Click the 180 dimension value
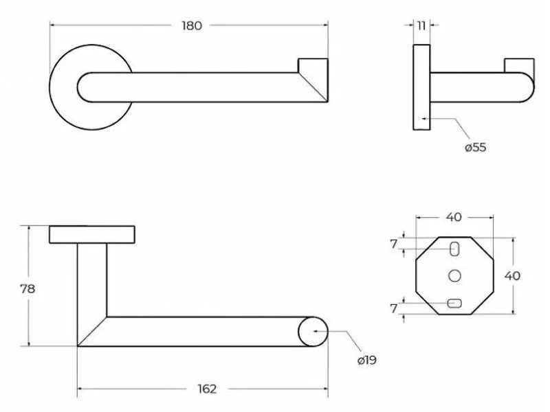(192, 25)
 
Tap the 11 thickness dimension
(421, 25)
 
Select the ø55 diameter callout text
(475, 147)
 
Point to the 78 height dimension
(27, 288)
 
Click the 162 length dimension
(207, 389)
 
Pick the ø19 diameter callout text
(367, 360)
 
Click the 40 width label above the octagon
(454, 217)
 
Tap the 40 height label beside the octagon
(512, 276)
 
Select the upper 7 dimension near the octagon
(394, 244)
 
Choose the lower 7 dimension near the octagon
(394, 308)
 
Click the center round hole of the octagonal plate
(454, 276)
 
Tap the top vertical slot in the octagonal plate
(454, 249)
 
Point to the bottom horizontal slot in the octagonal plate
(454, 304)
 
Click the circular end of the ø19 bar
(313, 332)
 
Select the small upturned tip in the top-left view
(313, 65)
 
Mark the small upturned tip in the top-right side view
(519, 65)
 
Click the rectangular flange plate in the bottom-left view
(92, 234)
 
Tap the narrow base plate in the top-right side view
(421, 87)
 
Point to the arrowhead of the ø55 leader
(424, 119)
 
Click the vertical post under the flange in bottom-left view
(92, 280)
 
